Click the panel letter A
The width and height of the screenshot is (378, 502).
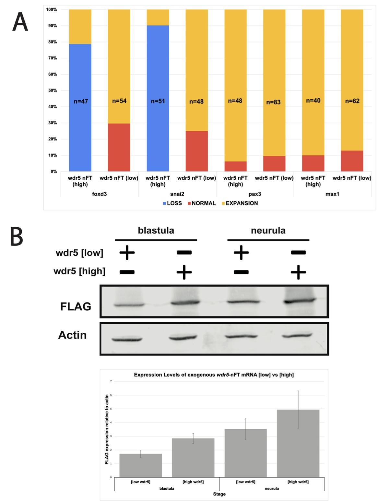pos(20,22)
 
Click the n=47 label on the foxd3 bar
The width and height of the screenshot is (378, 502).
pos(80,102)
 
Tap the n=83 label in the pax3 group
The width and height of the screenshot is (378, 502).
pos(273,102)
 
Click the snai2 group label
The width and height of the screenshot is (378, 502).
pos(177,194)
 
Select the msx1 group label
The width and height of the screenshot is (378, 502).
pos(332,194)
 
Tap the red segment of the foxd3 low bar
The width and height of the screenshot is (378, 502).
pos(119,147)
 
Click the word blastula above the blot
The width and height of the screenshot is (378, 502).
pos(156,231)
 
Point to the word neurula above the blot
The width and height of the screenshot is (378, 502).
pos(268,231)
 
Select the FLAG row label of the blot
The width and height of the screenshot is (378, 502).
pos(76,306)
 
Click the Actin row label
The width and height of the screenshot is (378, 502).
pos(72,335)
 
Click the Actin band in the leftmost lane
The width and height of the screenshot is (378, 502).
pos(127,340)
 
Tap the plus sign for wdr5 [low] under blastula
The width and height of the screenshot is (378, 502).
pos(127,252)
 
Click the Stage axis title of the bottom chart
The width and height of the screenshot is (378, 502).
pos(219,494)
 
